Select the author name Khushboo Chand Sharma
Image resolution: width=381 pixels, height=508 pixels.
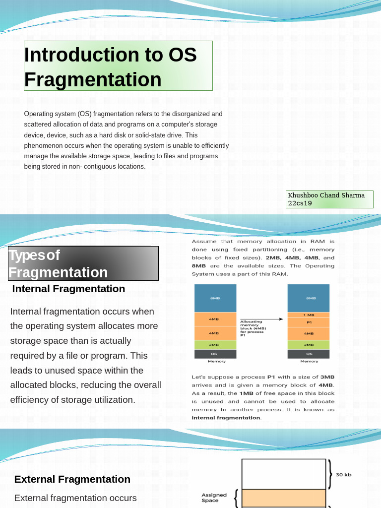[326, 195]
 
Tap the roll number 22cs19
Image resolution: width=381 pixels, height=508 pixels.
[300, 203]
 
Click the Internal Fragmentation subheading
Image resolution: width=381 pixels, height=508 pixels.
[68, 289]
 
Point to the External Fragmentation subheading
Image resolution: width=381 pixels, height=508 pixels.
[72, 479]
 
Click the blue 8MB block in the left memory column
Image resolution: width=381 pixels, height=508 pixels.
[215, 298]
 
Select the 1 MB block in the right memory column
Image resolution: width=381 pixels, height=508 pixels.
[309, 315]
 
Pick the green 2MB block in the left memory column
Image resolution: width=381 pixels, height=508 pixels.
[215, 344]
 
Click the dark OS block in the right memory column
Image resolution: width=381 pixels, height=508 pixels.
[309, 354]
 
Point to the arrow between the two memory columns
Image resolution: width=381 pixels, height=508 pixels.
[261, 319]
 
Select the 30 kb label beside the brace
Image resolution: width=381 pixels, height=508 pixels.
[343, 475]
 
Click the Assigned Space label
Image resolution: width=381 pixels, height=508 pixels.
[214, 498]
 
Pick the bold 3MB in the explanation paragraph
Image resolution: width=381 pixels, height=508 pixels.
[327, 377]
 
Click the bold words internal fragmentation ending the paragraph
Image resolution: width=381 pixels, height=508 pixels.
[226, 418]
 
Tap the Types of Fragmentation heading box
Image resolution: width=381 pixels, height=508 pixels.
[83, 263]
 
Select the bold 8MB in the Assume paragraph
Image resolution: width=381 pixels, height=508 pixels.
[199, 266]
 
